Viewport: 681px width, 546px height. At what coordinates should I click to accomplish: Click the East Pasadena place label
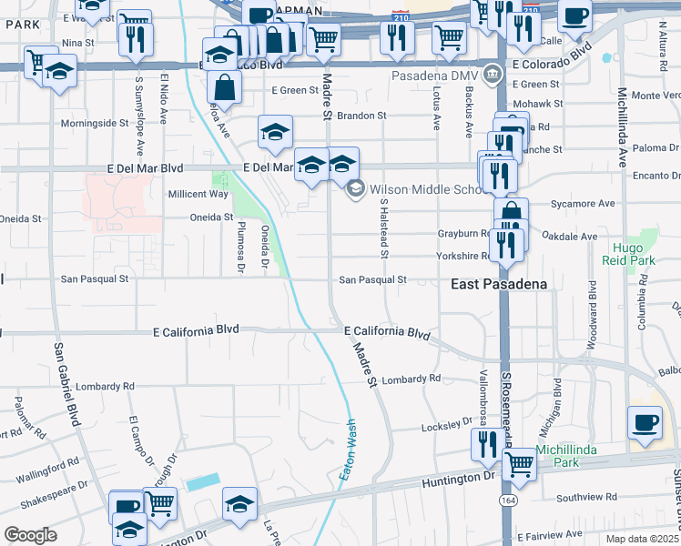[x=500, y=284]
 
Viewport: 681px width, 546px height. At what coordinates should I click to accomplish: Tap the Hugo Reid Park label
[x=628, y=253]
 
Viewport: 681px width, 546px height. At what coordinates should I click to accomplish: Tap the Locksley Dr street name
[x=443, y=427]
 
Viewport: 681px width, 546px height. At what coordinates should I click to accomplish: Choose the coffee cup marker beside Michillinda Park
[x=645, y=422]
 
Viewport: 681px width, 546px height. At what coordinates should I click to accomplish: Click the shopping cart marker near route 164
[x=519, y=461]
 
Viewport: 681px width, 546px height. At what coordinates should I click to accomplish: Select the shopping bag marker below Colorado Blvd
[x=223, y=87]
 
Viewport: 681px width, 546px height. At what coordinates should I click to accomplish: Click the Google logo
[x=30, y=535]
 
